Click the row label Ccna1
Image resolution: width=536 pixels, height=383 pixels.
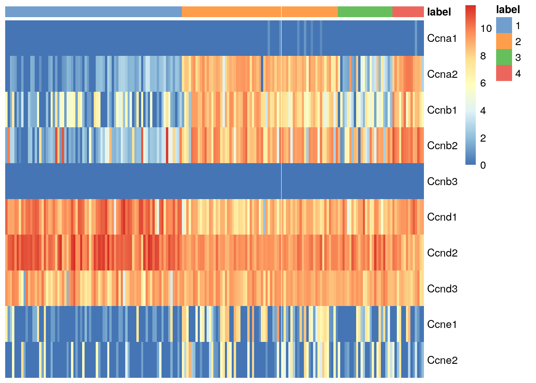click(442, 38)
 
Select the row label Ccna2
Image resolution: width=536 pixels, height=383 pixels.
click(442, 74)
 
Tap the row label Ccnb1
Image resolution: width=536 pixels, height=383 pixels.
click(442, 110)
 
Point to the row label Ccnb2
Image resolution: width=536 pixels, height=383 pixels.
click(442, 146)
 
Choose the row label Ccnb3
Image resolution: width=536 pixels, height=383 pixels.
click(442, 182)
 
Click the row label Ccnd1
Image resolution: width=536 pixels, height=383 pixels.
click(442, 217)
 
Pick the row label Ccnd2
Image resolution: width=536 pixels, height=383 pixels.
click(442, 253)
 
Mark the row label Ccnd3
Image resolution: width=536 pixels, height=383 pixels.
click(442, 289)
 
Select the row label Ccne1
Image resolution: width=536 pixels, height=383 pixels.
click(442, 324)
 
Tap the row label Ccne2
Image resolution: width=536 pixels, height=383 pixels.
click(442, 360)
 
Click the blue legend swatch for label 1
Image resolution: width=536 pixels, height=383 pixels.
click(504, 26)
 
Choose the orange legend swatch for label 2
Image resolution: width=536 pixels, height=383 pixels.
click(504, 41)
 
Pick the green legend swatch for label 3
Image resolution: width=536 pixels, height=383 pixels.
click(504, 57)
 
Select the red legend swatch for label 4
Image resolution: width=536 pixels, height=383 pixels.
click(504, 73)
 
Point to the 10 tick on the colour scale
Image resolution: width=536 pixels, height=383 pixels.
click(486, 29)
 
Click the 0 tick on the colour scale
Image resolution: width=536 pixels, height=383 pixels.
click(483, 165)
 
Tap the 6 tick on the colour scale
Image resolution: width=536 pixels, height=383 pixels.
click(483, 83)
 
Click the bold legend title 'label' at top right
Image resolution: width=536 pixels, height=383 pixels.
click(508, 10)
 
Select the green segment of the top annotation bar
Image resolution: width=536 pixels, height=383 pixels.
click(365, 12)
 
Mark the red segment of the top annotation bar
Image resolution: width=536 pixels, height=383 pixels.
click(408, 12)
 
